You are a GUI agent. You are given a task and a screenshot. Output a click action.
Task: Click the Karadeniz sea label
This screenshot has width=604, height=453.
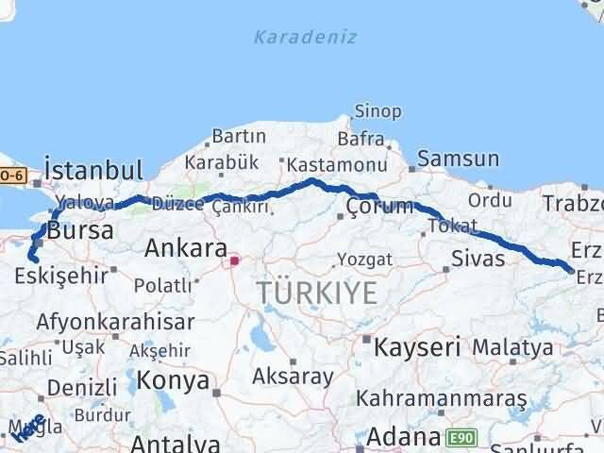click(x=291, y=37)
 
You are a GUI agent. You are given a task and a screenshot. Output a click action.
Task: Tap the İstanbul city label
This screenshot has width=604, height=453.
click(x=93, y=171)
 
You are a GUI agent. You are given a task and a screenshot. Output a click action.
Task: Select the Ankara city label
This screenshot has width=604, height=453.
click(x=185, y=249)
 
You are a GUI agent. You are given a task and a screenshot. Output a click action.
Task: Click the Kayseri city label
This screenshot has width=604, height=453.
click(x=416, y=346)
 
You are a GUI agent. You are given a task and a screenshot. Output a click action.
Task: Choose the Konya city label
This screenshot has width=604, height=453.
click(x=173, y=380)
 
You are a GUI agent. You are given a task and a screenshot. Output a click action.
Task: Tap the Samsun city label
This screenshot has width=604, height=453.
click(x=457, y=159)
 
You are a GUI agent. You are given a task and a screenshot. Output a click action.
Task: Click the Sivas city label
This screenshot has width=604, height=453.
click(x=478, y=258)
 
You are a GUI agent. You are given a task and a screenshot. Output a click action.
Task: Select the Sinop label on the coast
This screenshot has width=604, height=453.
click(x=377, y=111)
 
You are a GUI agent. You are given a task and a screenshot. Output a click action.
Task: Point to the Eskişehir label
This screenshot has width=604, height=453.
click(x=59, y=277)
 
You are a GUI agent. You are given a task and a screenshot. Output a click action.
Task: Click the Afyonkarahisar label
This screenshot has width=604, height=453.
click(x=115, y=321)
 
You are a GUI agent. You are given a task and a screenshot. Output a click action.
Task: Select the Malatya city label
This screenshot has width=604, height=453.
click(x=512, y=346)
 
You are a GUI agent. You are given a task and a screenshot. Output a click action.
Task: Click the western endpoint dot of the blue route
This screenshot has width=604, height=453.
click(x=31, y=258)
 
